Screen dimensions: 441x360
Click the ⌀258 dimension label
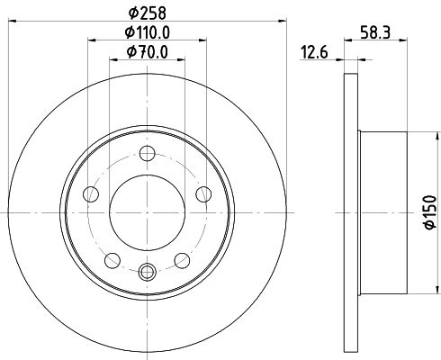[147, 13]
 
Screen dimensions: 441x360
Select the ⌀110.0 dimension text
[148, 31]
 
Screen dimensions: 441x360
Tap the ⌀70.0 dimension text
[148, 52]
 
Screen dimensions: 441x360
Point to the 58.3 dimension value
[375, 32]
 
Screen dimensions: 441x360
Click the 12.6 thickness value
[314, 52]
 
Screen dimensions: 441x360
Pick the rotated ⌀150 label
[430, 211]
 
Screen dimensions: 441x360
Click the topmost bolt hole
[148, 153]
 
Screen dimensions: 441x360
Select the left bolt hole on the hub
[91, 194]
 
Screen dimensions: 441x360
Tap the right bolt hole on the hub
[203, 194]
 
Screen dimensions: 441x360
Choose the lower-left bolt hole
[112, 260]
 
